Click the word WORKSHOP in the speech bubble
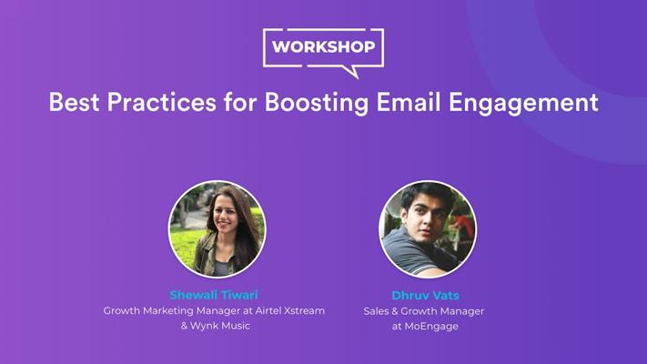point(324,46)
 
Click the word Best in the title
point(75,102)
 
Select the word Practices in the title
point(161,102)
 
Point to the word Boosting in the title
point(317,103)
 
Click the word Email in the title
point(409,102)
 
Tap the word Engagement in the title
point(523,103)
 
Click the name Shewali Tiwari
point(214,295)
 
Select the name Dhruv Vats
point(425,296)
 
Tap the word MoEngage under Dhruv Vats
point(431,327)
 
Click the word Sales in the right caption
point(376,311)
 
